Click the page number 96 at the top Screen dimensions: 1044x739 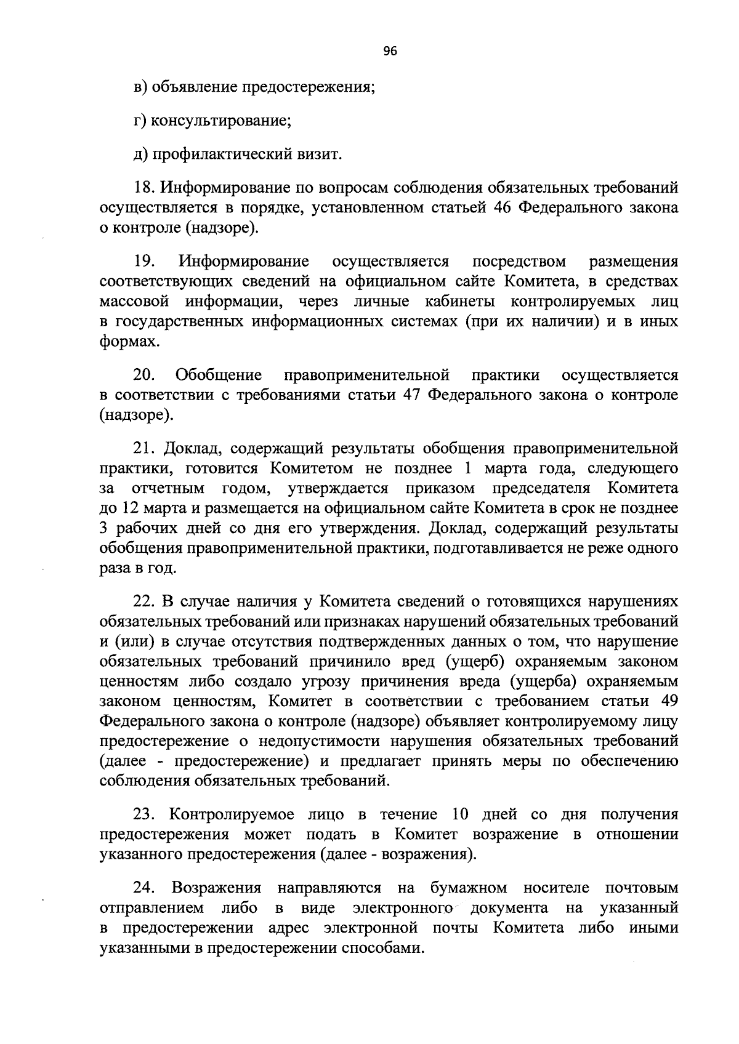tap(390, 52)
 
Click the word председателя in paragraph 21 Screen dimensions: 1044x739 tap(541, 489)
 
